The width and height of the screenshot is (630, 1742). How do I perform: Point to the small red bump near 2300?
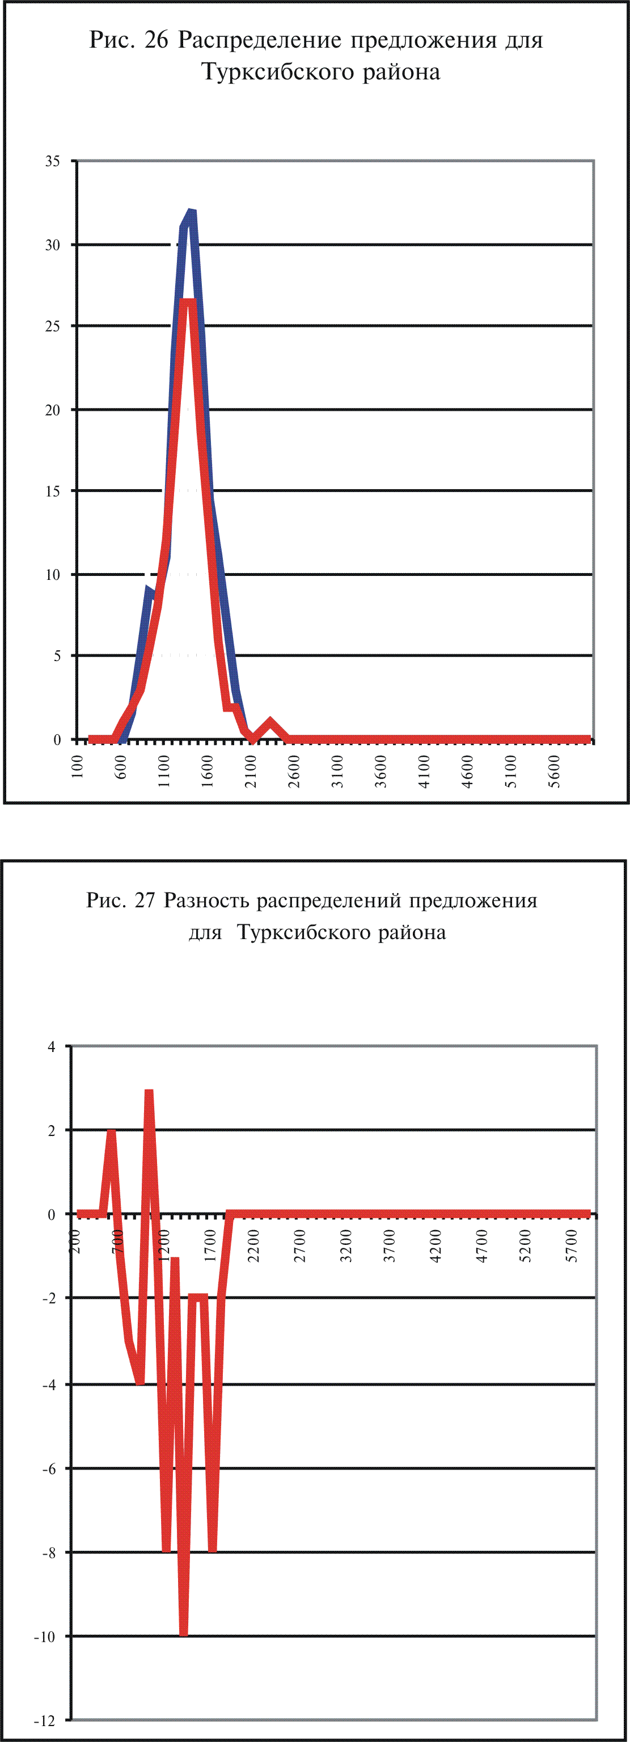click(270, 722)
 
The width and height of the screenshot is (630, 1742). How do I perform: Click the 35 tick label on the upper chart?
click(53, 161)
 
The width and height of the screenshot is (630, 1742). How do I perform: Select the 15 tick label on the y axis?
click(53, 491)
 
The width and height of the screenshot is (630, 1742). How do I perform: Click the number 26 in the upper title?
click(156, 41)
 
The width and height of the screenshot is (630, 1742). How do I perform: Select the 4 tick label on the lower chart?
click(52, 1047)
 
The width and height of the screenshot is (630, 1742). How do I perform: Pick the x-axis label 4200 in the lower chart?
click(435, 1246)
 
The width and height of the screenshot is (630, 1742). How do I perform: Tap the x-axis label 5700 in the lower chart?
click(572, 1246)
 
